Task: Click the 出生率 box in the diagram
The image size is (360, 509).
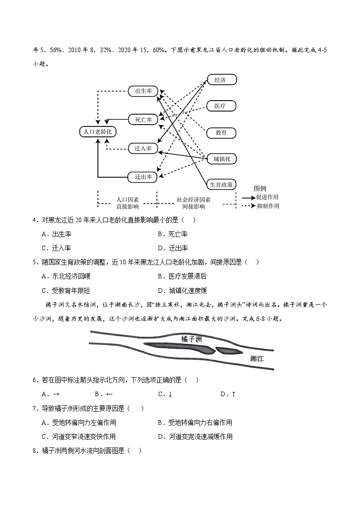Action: tap(143, 91)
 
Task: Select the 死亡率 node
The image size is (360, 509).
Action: tap(143, 120)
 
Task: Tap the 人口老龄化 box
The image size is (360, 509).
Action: tap(98, 132)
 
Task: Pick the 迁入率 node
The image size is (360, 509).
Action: tap(143, 148)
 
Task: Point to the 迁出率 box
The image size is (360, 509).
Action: tap(143, 177)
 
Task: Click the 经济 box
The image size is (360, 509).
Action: tap(222, 80)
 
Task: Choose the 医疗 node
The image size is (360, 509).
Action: tap(222, 107)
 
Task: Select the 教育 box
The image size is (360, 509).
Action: tap(222, 133)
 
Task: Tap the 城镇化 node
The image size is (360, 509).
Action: tap(222, 159)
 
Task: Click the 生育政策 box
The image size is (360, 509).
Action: tap(222, 184)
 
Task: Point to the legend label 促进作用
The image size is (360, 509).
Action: tap(268, 197)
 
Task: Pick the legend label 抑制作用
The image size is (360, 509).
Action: tap(268, 206)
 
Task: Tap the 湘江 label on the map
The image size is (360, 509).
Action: tap(257, 358)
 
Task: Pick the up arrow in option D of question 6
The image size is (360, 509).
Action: tap(234, 394)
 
